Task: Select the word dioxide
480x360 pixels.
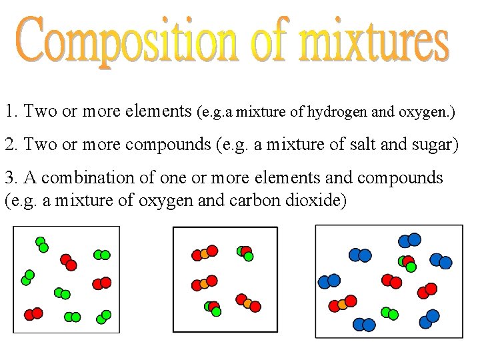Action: [319, 200]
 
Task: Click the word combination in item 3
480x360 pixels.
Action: [86, 178]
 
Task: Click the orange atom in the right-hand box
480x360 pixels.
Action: [343, 305]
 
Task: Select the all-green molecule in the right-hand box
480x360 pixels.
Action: [389, 313]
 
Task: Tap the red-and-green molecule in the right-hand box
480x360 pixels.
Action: [407, 263]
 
